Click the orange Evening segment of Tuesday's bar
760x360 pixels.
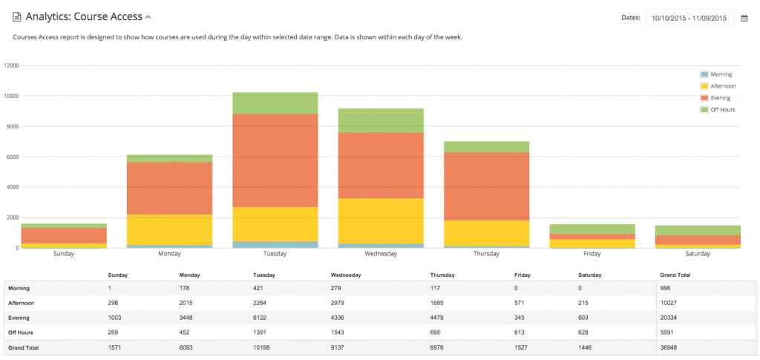(275, 160)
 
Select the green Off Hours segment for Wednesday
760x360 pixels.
(381, 120)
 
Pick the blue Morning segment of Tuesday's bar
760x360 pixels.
(275, 244)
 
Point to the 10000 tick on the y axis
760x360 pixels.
(12, 96)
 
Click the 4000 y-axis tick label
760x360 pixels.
(13, 187)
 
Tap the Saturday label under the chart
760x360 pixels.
(698, 254)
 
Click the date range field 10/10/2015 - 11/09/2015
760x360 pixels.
(689, 18)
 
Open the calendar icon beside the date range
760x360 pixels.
(744, 19)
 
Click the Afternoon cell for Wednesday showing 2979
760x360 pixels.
(340, 303)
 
